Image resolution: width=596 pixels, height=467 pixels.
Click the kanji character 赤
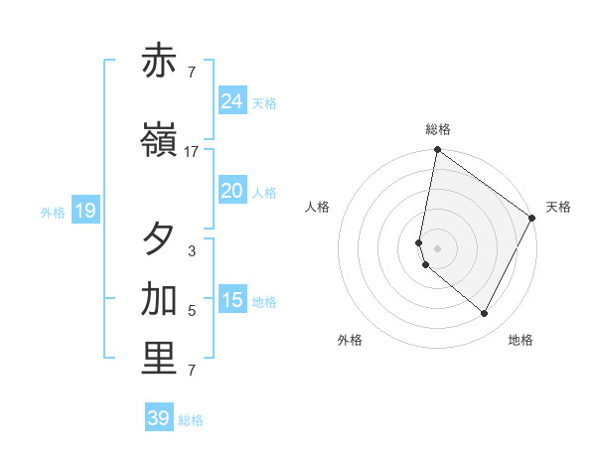pos(159,62)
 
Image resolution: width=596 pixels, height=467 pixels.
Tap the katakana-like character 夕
pos(159,239)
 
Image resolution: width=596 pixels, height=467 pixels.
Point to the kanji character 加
pos(159,299)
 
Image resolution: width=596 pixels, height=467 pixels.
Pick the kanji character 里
pos(159,359)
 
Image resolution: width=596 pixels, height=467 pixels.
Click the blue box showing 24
pos(232,101)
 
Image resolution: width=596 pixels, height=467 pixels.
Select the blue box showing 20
pos(232,191)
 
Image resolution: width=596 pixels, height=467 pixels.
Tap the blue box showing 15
pos(232,300)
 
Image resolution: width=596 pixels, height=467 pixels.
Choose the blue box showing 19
pos(84,211)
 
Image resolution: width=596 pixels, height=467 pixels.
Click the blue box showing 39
pos(158,418)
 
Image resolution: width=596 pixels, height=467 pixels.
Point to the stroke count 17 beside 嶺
pos(192,152)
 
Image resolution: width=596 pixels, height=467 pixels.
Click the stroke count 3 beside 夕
pos(192,251)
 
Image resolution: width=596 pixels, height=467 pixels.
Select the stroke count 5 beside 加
pos(192,311)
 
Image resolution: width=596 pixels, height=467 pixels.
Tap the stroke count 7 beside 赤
pos(192,72)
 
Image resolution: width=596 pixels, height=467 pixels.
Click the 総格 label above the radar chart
pos(438,129)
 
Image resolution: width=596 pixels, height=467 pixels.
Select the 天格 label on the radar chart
pos(558,207)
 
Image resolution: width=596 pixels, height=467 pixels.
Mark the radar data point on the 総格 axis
pos(437,151)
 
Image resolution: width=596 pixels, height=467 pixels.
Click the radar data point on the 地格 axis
pos(485,314)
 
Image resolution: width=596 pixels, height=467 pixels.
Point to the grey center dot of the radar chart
pos(437,247)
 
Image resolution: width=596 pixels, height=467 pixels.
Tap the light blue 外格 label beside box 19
pos(53,212)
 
